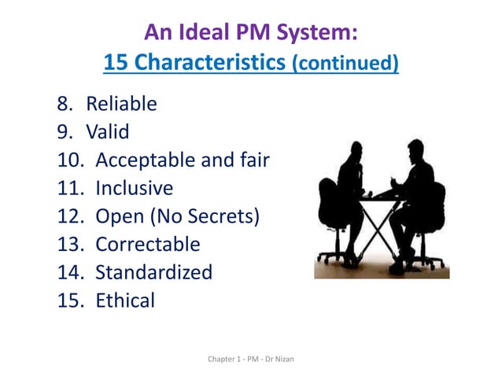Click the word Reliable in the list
coord(121,104)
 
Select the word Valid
coord(107,132)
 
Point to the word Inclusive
coord(134,189)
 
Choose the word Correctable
coord(148,245)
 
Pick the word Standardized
coord(153,273)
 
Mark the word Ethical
coord(125,300)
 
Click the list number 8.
coord(64,104)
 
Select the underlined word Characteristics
coord(209,63)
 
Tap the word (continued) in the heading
coord(345,64)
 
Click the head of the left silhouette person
coord(355,150)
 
